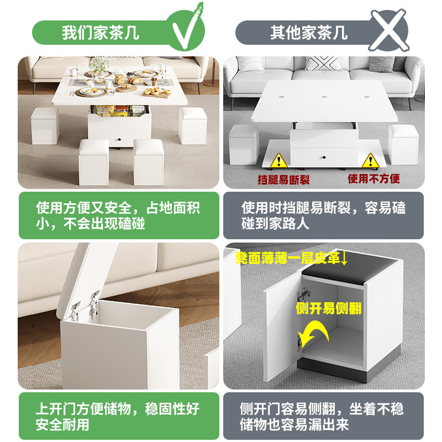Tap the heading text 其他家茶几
click(309, 33)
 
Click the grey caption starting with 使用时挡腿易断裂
click(323, 215)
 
